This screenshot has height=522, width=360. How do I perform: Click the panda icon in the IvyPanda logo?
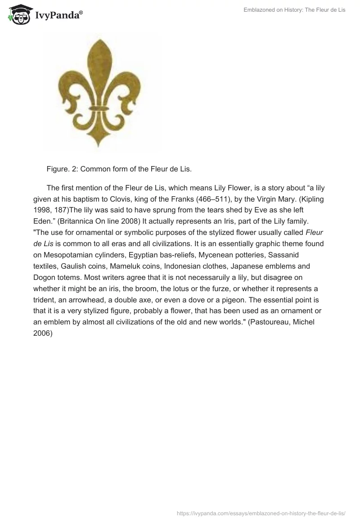click(17, 15)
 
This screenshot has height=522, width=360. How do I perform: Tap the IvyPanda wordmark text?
click(58, 16)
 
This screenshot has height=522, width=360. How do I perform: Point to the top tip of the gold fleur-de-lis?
click(99, 40)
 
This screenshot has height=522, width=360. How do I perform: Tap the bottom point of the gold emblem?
click(99, 145)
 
